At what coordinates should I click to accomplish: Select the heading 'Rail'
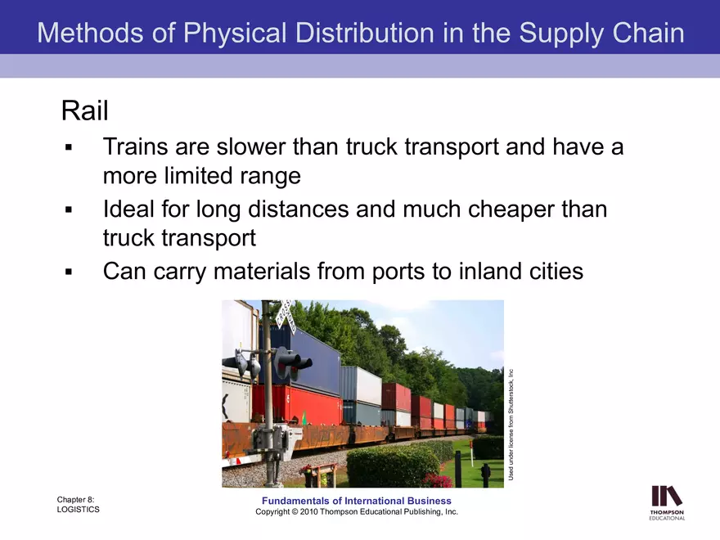(84, 110)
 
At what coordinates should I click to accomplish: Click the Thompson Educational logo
(667, 502)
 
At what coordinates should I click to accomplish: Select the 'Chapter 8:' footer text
(76, 498)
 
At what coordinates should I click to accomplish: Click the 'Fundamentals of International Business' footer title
(357, 501)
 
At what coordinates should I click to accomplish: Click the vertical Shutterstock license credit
(511, 424)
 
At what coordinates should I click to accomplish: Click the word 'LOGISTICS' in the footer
(78, 510)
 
